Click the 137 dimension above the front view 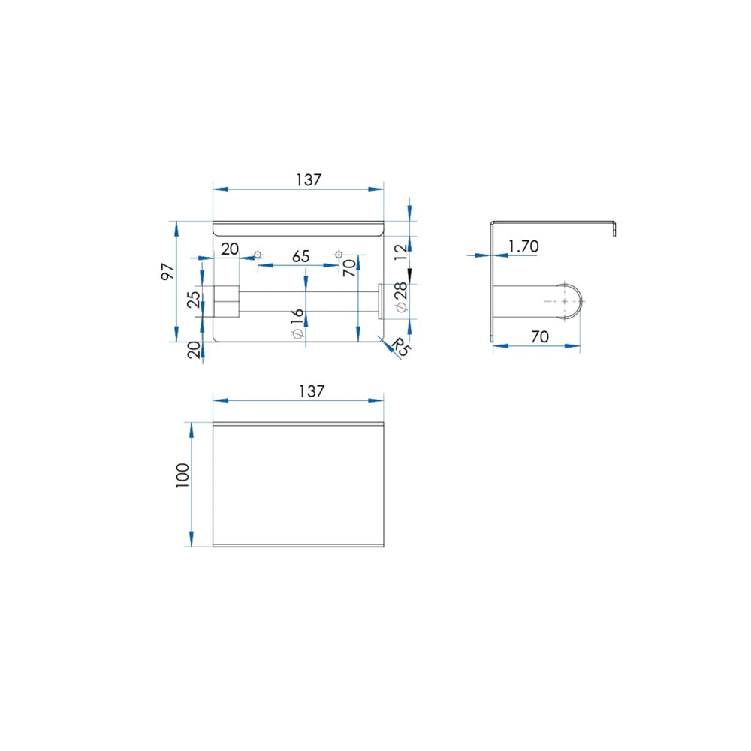(x=309, y=180)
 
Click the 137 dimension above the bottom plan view (x=312, y=391)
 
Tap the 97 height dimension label (x=168, y=272)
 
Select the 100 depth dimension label (x=183, y=475)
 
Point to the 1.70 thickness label (x=523, y=246)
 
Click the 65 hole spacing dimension (x=301, y=256)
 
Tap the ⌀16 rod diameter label (x=297, y=323)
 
